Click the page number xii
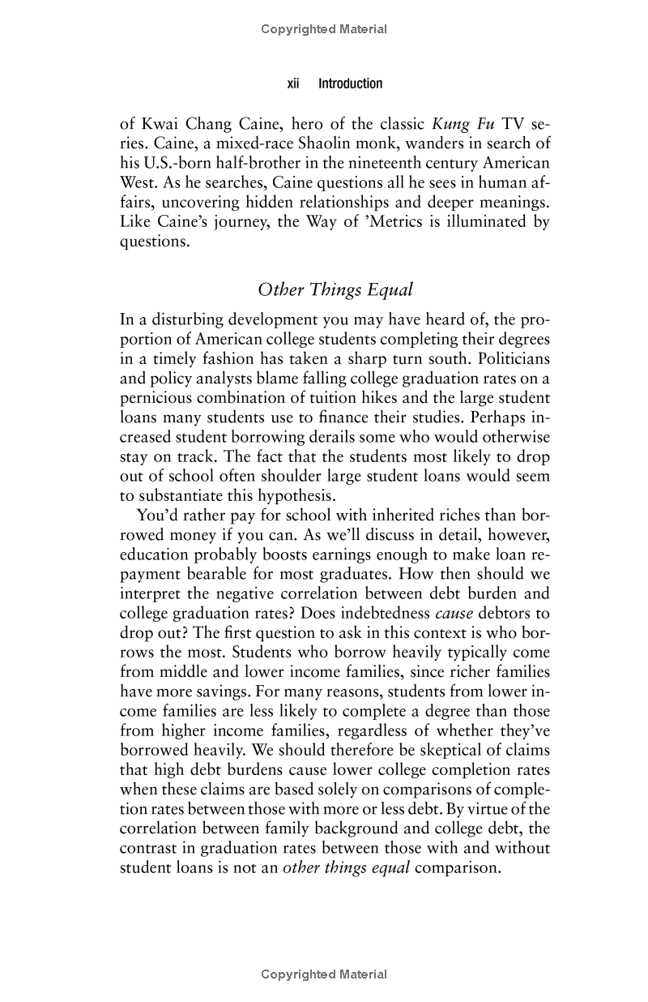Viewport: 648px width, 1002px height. pyautogui.click(x=295, y=83)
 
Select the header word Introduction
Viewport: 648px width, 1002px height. pyautogui.click(x=350, y=83)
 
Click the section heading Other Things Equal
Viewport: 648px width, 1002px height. pyautogui.click(x=335, y=289)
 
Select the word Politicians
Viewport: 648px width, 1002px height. pyautogui.click(x=509, y=358)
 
